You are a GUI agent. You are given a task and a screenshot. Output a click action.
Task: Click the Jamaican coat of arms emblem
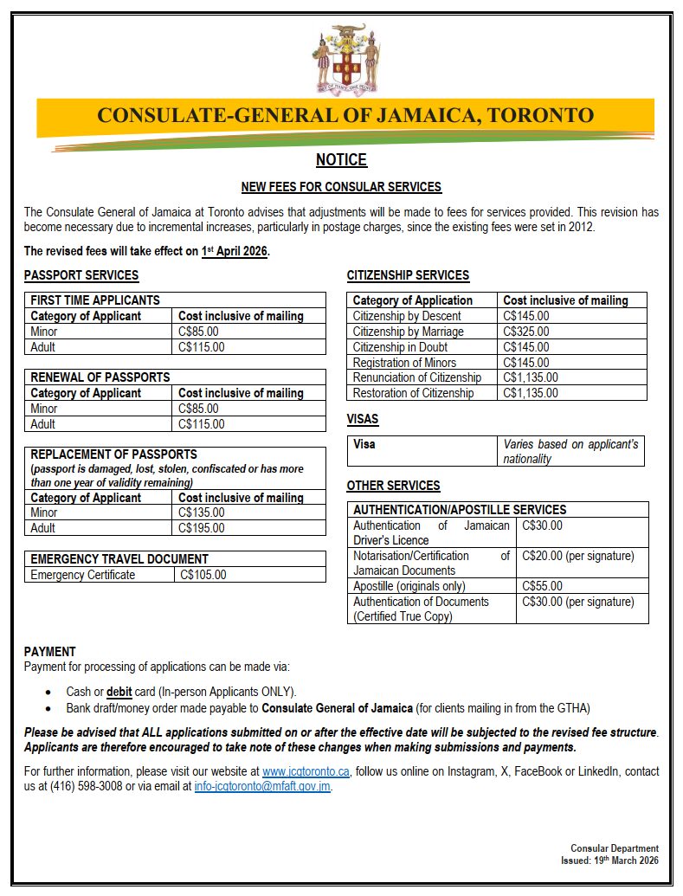click(346, 59)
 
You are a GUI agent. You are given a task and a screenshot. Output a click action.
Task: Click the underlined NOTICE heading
click(341, 160)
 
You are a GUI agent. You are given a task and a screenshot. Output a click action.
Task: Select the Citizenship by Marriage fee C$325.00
click(525, 332)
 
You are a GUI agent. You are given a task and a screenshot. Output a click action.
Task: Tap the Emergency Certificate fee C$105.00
click(203, 575)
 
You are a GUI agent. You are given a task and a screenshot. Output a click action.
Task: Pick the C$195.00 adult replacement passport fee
click(201, 528)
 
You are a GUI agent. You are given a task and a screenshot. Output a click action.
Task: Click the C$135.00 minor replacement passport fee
click(201, 512)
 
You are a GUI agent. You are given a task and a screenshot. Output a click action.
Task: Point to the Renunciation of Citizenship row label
click(417, 377)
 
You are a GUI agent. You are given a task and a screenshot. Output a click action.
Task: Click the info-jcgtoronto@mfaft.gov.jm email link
click(262, 787)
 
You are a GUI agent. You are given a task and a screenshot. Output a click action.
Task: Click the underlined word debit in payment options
click(121, 692)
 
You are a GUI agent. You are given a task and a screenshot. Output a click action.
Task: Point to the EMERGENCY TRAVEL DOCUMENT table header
click(119, 559)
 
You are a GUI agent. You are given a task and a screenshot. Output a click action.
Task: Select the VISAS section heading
click(363, 420)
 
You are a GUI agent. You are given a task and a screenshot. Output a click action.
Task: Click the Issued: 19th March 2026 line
click(609, 861)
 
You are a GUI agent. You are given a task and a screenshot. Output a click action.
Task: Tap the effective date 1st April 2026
click(235, 251)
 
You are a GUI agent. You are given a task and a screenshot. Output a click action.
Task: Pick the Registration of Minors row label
click(404, 363)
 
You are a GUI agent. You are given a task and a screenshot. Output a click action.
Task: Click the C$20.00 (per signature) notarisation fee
click(578, 556)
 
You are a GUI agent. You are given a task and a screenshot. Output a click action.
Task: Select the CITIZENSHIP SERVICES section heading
click(408, 275)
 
